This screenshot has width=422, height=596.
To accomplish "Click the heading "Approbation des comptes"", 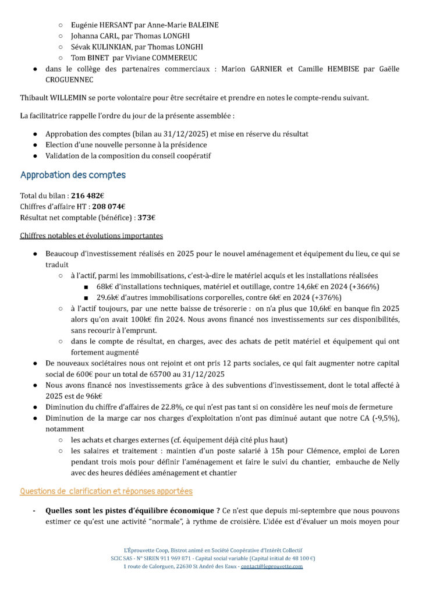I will (73, 175).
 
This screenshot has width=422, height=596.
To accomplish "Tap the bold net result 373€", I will (146, 218).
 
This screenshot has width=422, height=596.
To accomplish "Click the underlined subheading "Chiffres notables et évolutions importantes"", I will (91, 236).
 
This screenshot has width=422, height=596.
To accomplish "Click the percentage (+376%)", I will (327, 297).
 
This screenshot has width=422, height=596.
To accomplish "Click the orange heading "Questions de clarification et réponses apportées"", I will (107, 491).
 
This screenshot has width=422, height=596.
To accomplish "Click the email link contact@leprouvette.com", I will (274, 566).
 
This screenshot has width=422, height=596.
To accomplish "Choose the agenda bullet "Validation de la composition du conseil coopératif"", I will (128, 155).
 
